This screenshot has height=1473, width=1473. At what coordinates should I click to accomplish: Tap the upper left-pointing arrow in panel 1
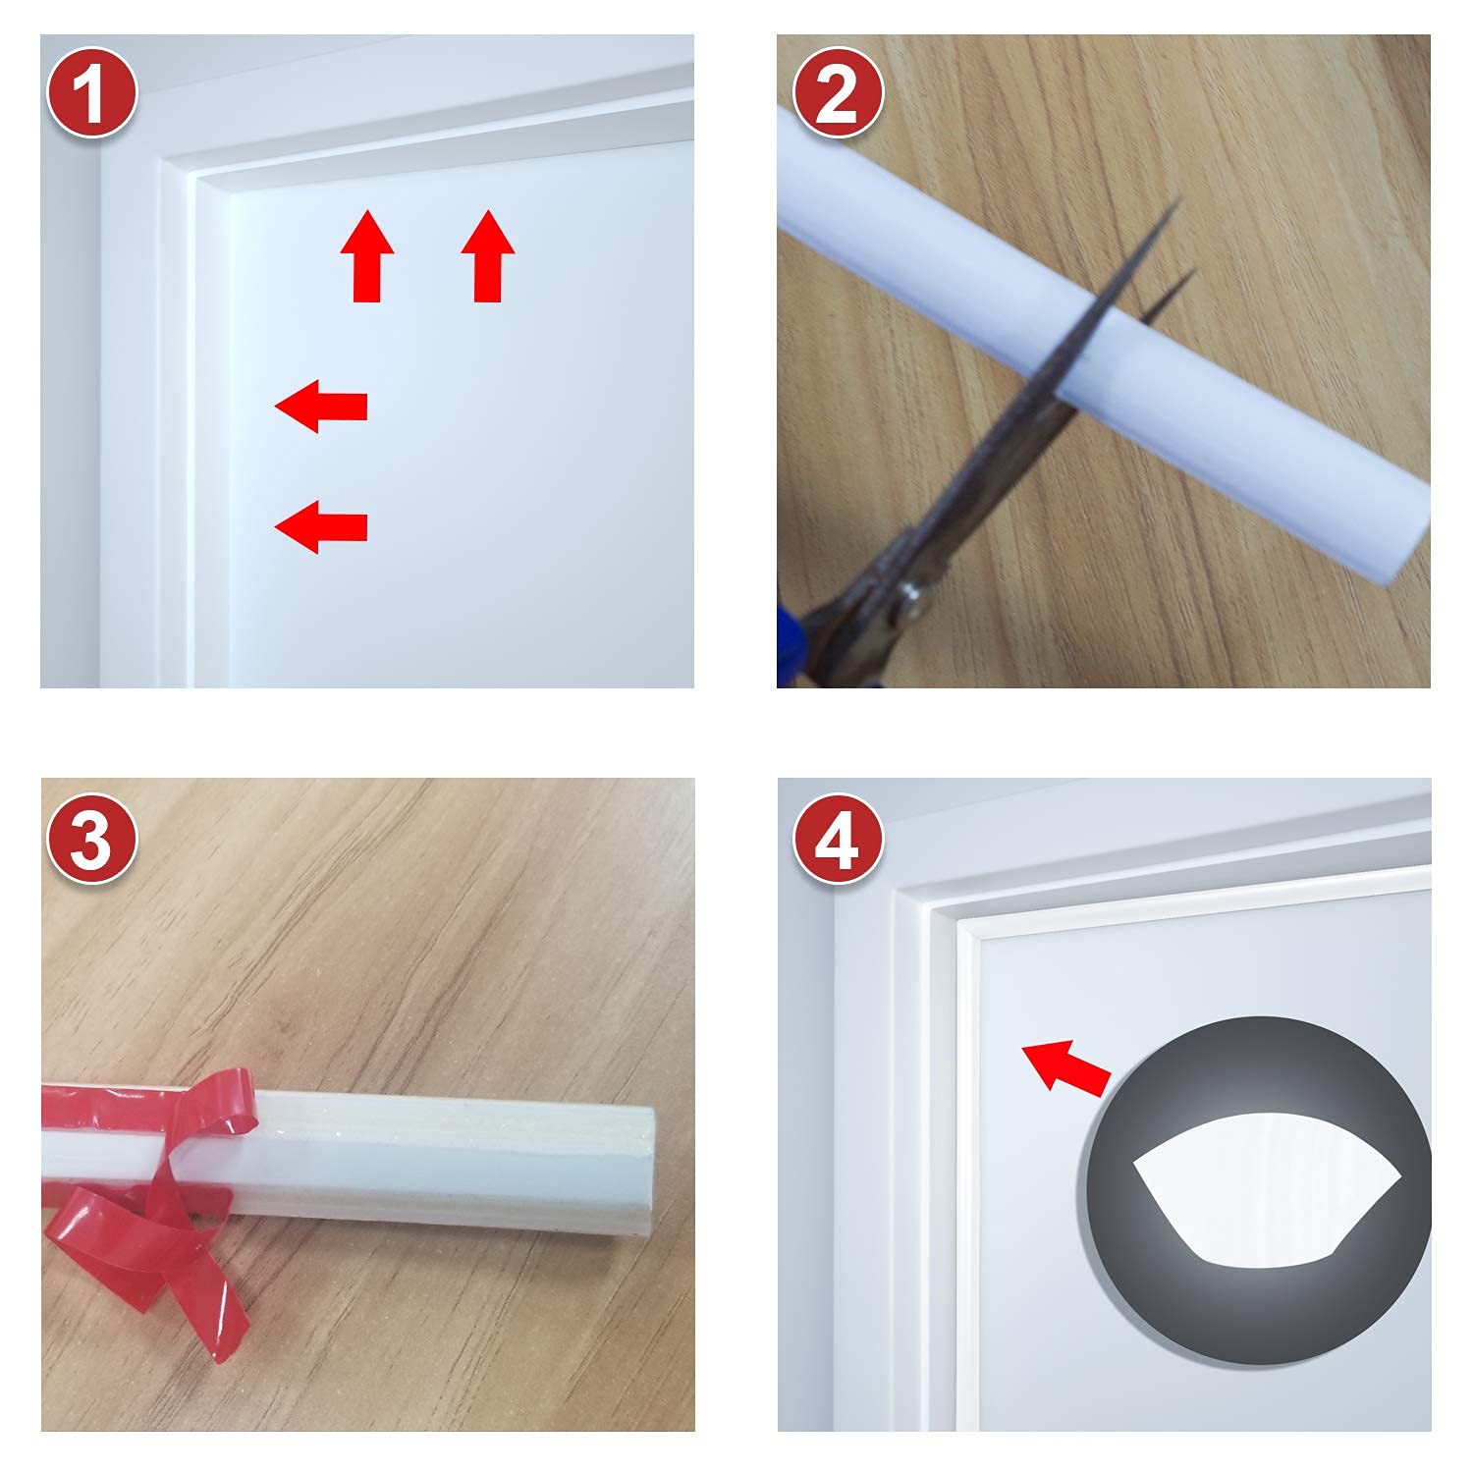tap(321, 406)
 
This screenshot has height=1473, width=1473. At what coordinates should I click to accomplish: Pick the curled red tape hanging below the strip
tap(177, 1267)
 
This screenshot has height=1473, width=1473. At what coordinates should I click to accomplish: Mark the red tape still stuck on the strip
tap(108, 1119)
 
